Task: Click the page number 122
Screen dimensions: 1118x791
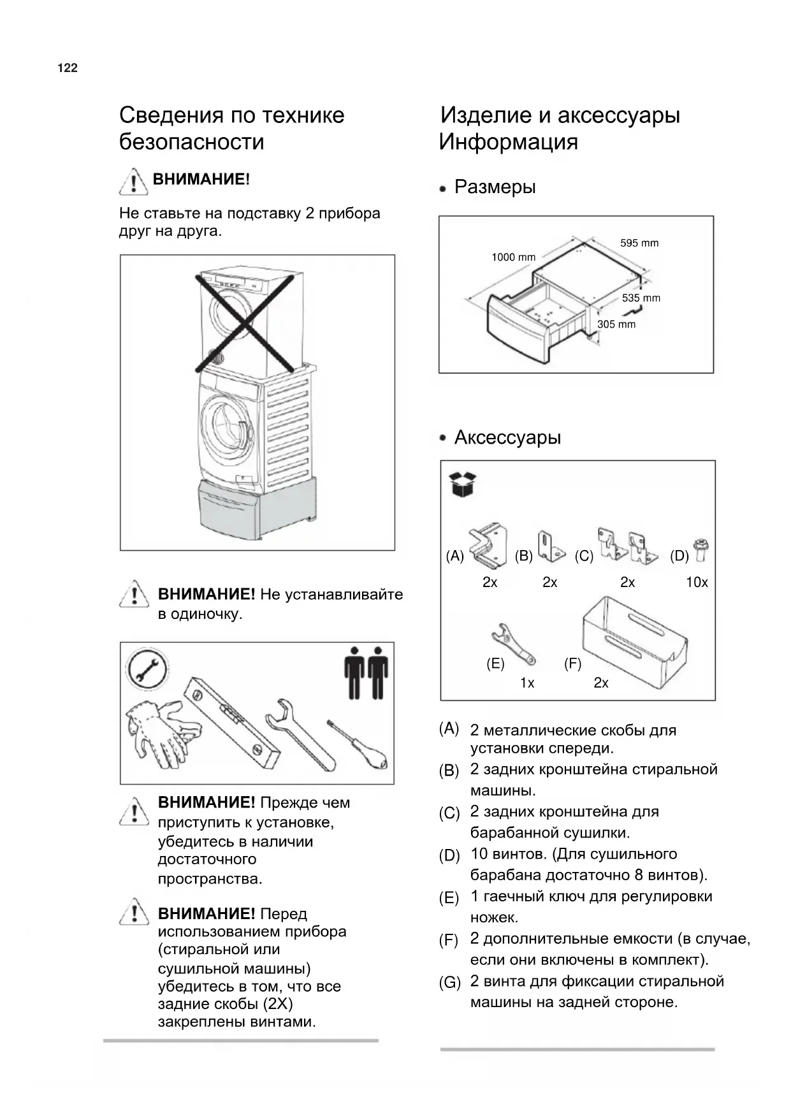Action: click(x=68, y=68)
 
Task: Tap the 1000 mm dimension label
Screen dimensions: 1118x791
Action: click(x=513, y=258)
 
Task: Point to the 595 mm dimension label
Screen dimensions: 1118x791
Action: click(x=639, y=243)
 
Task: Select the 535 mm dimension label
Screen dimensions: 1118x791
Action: click(x=641, y=298)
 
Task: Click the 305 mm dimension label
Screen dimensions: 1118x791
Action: click(x=616, y=324)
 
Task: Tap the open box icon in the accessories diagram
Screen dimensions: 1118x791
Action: click(x=463, y=484)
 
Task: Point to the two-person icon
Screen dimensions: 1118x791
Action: click(x=366, y=673)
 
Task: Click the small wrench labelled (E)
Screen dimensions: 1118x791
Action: click(x=513, y=644)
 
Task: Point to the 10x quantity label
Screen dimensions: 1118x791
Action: click(x=697, y=583)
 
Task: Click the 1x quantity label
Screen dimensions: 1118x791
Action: click(x=527, y=683)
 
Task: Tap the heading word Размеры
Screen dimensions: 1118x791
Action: click(x=495, y=187)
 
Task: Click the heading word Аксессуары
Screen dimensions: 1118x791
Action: click(x=507, y=438)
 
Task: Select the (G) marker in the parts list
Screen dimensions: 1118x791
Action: click(x=450, y=983)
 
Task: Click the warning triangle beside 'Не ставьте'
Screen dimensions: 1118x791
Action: click(x=133, y=182)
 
